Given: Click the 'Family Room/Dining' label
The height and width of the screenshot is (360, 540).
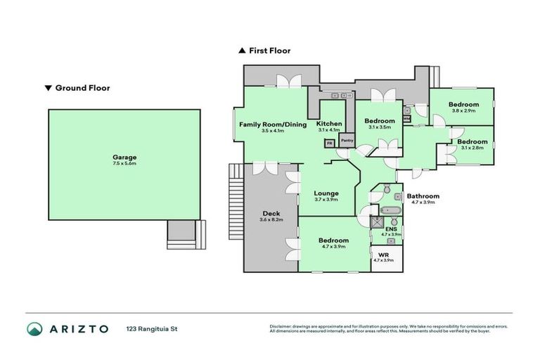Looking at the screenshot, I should [273, 124].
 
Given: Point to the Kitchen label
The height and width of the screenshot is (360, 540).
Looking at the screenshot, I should [329, 124].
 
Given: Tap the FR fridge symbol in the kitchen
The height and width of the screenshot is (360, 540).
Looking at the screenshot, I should [328, 143].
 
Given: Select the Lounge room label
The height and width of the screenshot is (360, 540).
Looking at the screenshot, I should [326, 193].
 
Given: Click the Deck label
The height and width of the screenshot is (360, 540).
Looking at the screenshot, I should [271, 214].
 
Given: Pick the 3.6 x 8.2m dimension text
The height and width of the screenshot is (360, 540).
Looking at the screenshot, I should [271, 220].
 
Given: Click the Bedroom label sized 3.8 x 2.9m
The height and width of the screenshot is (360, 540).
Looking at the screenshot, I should [463, 105].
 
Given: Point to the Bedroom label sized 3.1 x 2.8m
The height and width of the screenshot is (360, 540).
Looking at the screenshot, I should [471, 142].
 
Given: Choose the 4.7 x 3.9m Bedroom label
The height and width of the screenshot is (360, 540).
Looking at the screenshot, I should [334, 240].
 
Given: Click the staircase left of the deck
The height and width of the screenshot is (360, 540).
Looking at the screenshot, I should [235, 201].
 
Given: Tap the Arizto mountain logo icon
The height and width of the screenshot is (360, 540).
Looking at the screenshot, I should [35, 329].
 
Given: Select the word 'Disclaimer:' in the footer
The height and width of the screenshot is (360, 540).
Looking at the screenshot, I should [281, 326].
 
